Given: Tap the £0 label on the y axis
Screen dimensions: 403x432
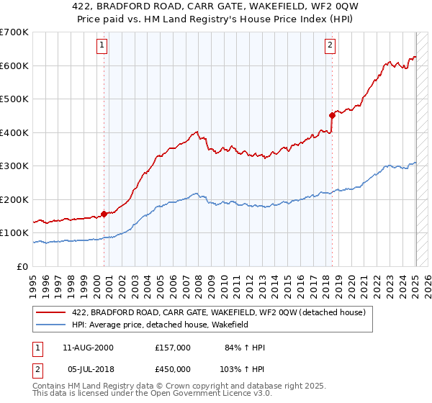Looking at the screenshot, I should click(x=23, y=266).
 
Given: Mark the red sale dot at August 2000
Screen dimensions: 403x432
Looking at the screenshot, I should click(x=104, y=213).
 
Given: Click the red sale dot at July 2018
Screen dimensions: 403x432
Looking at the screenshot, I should click(x=332, y=115).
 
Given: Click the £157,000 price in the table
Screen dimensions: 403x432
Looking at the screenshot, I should click(x=173, y=348).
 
